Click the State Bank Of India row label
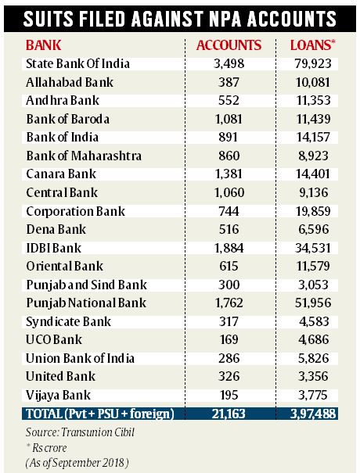77,63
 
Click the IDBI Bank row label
55,249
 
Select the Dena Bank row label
55,230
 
